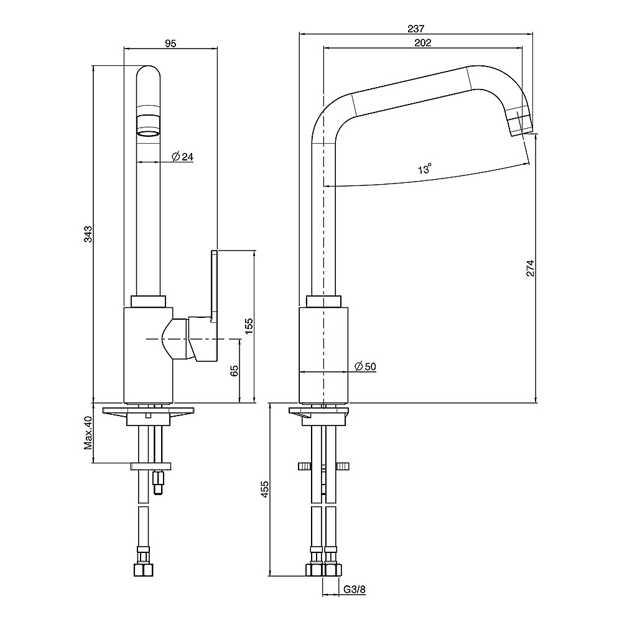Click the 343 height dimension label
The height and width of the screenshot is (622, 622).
88,234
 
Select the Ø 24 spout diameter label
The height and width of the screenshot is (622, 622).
182,157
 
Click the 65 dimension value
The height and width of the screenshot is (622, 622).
234,371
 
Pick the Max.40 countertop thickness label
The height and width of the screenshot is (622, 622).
88,432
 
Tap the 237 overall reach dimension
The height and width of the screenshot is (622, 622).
416,28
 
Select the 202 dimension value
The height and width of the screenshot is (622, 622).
422,43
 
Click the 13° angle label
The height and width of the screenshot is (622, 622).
425,169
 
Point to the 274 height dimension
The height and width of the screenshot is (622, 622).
530,267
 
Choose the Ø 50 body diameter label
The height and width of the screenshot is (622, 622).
365,366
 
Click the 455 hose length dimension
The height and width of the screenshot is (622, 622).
264,490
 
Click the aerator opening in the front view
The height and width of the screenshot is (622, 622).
148,132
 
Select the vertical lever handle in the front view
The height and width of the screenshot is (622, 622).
214,286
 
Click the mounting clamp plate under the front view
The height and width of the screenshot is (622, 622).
152,466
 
